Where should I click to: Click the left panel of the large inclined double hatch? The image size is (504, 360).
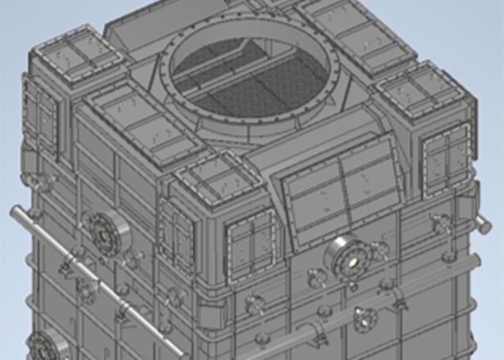coord(313,202)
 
